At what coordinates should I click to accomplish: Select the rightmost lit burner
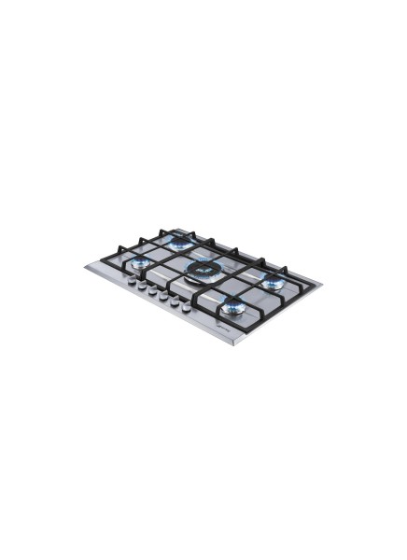click(274, 282)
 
